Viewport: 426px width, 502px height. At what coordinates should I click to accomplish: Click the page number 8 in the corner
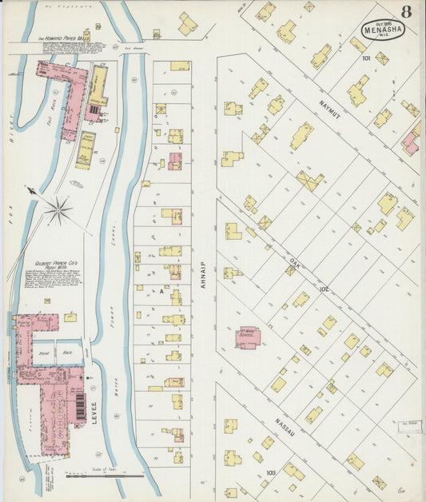(x=407, y=11)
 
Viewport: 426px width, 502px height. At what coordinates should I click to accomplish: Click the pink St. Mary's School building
(x=248, y=338)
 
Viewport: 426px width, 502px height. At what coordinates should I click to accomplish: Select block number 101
(x=366, y=58)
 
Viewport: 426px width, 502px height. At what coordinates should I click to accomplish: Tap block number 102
(x=346, y=289)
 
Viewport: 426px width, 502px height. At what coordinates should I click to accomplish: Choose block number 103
(x=271, y=472)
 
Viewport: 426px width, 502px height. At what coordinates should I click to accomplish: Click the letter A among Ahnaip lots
(x=161, y=292)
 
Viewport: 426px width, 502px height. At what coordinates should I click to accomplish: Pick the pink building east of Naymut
(x=410, y=142)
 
